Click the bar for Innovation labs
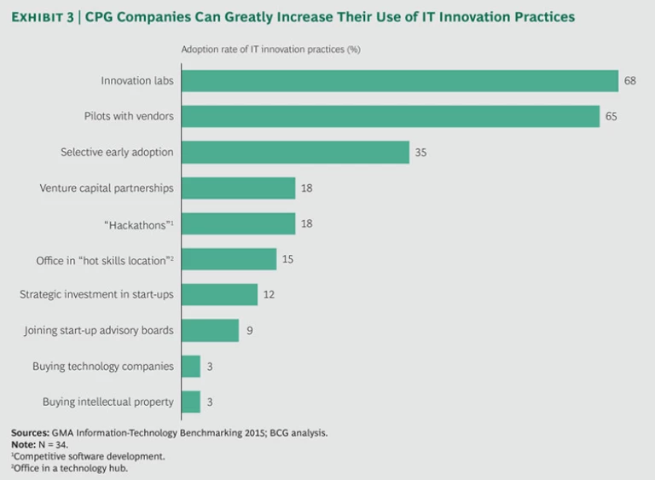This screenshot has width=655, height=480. (x=399, y=81)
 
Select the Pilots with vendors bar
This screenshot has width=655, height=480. (x=390, y=117)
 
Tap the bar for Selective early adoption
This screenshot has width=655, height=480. (x=295, y=153)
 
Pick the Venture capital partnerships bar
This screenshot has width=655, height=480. (x=238, y=188)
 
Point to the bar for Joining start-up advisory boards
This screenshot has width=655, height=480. (x=210, y=330)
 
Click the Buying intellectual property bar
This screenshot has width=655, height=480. (x=190, y=402)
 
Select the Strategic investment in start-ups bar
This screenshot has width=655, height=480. (x=219, y=294)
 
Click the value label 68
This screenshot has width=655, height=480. (x=629, y=81)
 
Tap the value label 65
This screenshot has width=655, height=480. (x=611, y=117)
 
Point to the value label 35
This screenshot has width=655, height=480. (x=420, y=153)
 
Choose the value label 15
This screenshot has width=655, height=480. (x=287, y=259)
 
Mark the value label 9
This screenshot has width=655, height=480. (x=249, y=330)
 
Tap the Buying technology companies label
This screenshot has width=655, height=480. (x=103, y=366)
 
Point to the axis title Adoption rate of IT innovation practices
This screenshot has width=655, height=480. (x=270, y=49)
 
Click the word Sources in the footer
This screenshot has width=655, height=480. (x=29, y=433)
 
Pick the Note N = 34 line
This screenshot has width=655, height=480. (x=38, y=444)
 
